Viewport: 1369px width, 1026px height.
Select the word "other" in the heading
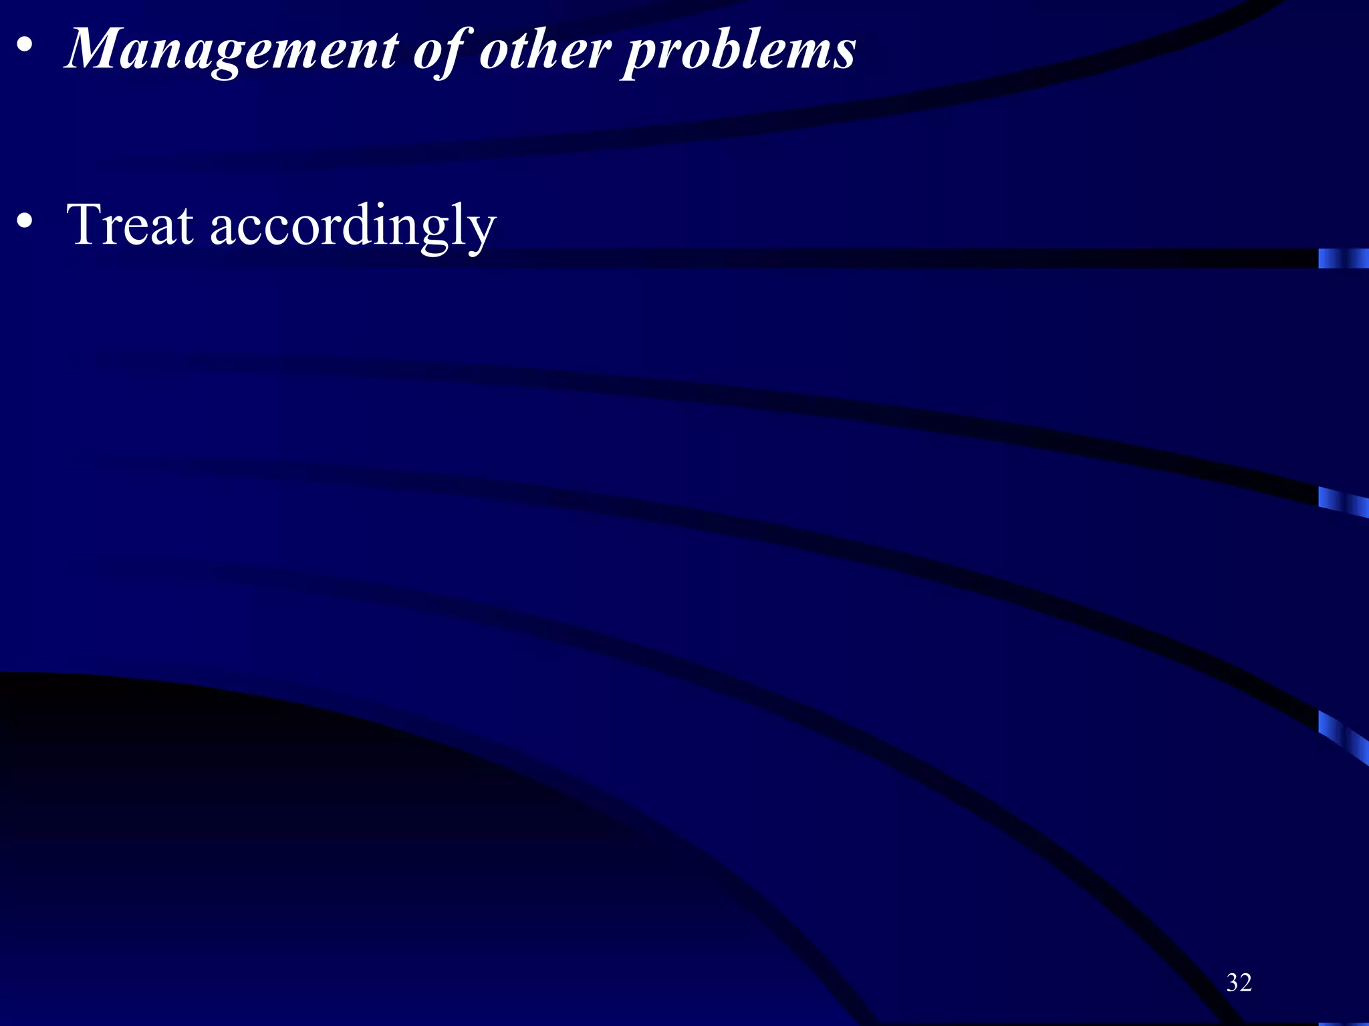click(x=545, y=50)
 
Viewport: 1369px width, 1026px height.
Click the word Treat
click(x=130, y=225)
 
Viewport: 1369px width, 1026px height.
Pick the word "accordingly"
click(x=353, y=227)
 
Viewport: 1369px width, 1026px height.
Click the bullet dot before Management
click(x=25, y=47)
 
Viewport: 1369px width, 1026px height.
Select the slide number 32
click(x=1239, y=983)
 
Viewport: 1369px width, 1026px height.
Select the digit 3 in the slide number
click(x=1232, y=983)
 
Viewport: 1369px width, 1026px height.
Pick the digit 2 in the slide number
click(x=1245, y=983)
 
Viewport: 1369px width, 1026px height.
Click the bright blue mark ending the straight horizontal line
click(x=1342, y=259)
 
